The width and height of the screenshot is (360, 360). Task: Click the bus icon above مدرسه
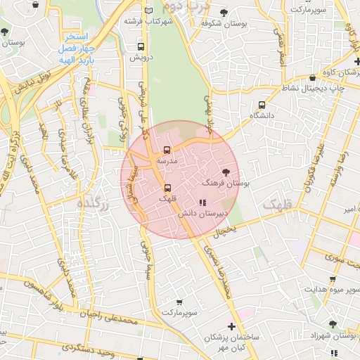point(167,150)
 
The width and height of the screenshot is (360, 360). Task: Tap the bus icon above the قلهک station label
point(167,188)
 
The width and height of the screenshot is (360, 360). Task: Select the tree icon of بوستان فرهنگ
point(226,172)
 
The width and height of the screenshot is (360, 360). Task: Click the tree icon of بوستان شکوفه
point(224,12)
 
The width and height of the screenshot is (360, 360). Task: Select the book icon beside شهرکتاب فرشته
point(148,11)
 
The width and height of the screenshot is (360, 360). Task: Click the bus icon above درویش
point(139,46)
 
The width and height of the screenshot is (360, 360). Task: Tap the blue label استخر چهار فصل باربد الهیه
point(73,46)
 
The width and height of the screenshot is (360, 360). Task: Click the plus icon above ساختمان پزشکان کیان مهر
point(231,326)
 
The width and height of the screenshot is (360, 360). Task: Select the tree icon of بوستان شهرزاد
point(332,324)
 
